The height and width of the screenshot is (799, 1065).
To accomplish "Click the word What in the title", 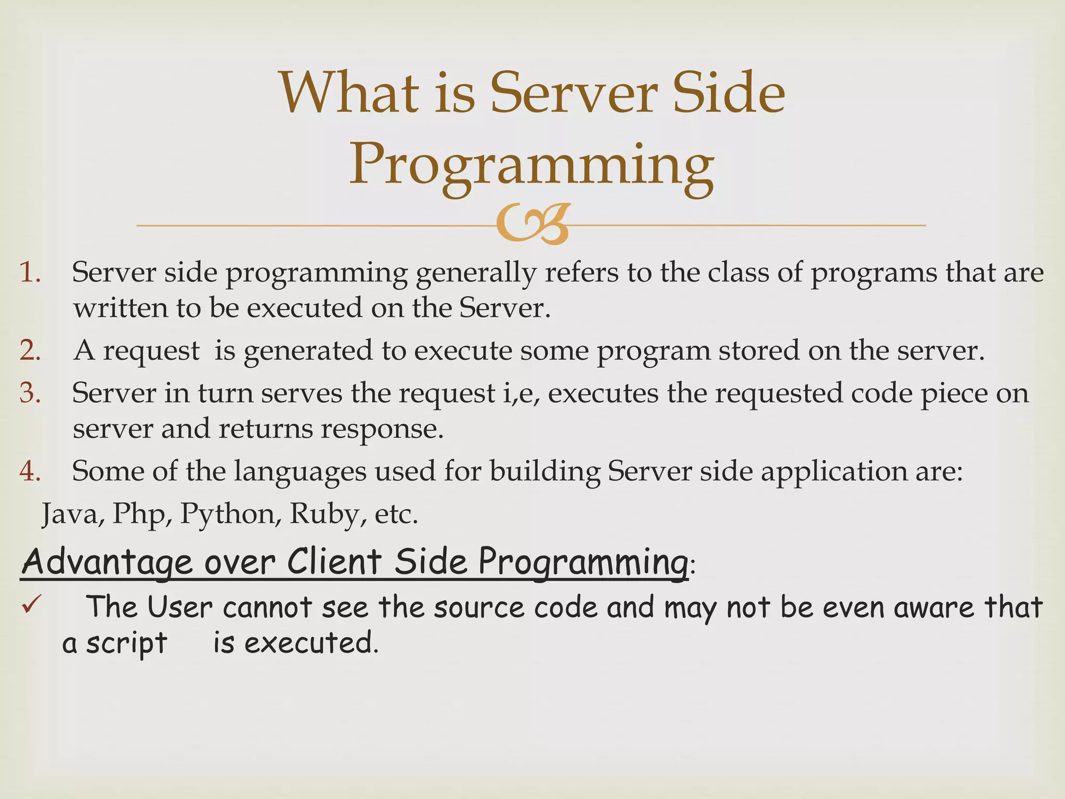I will (x=349, y=94).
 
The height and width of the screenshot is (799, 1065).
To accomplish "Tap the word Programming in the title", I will (x=531, y=165).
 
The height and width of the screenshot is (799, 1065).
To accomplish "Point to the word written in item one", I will (x=120, y=308).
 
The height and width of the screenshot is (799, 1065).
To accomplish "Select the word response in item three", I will (x=382, y=430).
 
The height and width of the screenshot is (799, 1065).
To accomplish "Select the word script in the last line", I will (x=126, y=644).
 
